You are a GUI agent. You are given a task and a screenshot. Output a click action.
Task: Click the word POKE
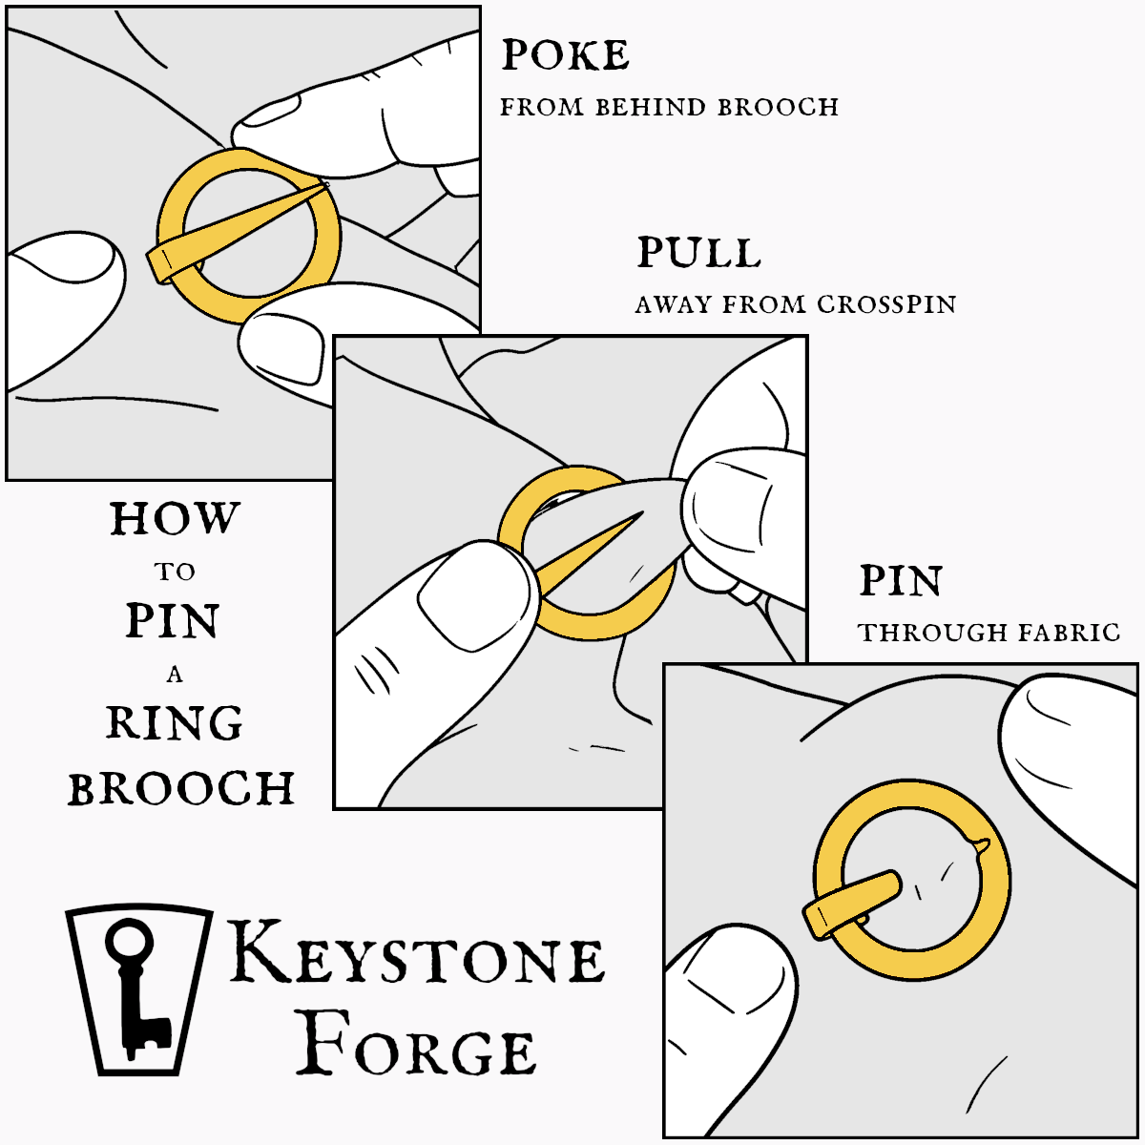tap(566, 56)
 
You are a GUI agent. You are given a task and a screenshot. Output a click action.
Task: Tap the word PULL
tap(698, 254)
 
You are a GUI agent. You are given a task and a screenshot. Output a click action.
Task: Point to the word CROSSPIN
tap(886, 305)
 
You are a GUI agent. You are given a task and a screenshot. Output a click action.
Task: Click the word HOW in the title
tap(174, 520)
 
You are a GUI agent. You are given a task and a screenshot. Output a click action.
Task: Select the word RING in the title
tap(175, 723)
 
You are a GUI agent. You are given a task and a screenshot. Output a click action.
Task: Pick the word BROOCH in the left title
tap(181, 789)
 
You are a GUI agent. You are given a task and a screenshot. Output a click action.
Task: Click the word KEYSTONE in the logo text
tap(417, 953)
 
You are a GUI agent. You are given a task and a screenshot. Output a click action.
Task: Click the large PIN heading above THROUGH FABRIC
tap(901, 581)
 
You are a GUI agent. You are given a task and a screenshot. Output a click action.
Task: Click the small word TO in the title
tap(175, 572)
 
